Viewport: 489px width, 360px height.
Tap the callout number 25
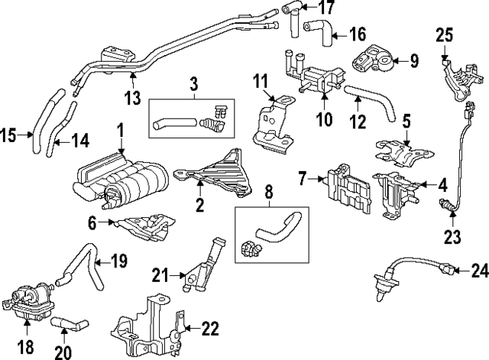click(x=445, y=35)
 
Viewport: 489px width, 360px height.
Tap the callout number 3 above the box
click(x=194, y=82)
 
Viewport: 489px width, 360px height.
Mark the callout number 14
click(x=80, y=140)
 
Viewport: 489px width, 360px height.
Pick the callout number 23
click(x=453, y=237)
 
